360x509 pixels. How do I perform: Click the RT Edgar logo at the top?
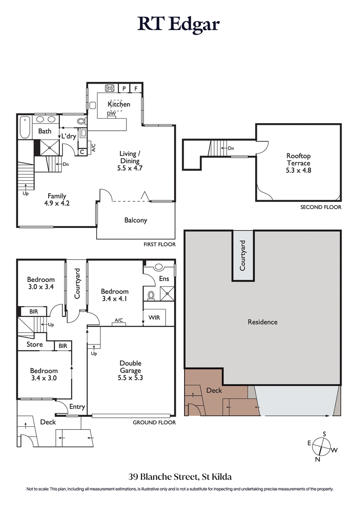click(179, 24)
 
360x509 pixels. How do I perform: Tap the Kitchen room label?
click(119, 104)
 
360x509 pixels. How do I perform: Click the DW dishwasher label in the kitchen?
click(111, 114)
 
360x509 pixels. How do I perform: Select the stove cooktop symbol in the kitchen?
click(110, 89)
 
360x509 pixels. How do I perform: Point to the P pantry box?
click(124, 89)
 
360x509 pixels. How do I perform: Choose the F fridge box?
click(136, 89)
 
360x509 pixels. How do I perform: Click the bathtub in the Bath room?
click(24, 127)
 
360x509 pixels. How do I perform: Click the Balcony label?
click(135, 220)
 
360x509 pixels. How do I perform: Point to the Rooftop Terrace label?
click(298, 160)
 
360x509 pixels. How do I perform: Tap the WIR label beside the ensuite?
click(152, 317)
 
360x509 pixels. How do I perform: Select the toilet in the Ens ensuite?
click(151, 295)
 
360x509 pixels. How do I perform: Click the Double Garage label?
click(130, 363)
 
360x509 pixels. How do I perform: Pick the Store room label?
click(35, 345)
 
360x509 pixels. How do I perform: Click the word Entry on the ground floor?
click(77, 407)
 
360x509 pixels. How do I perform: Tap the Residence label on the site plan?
click(262, 322)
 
